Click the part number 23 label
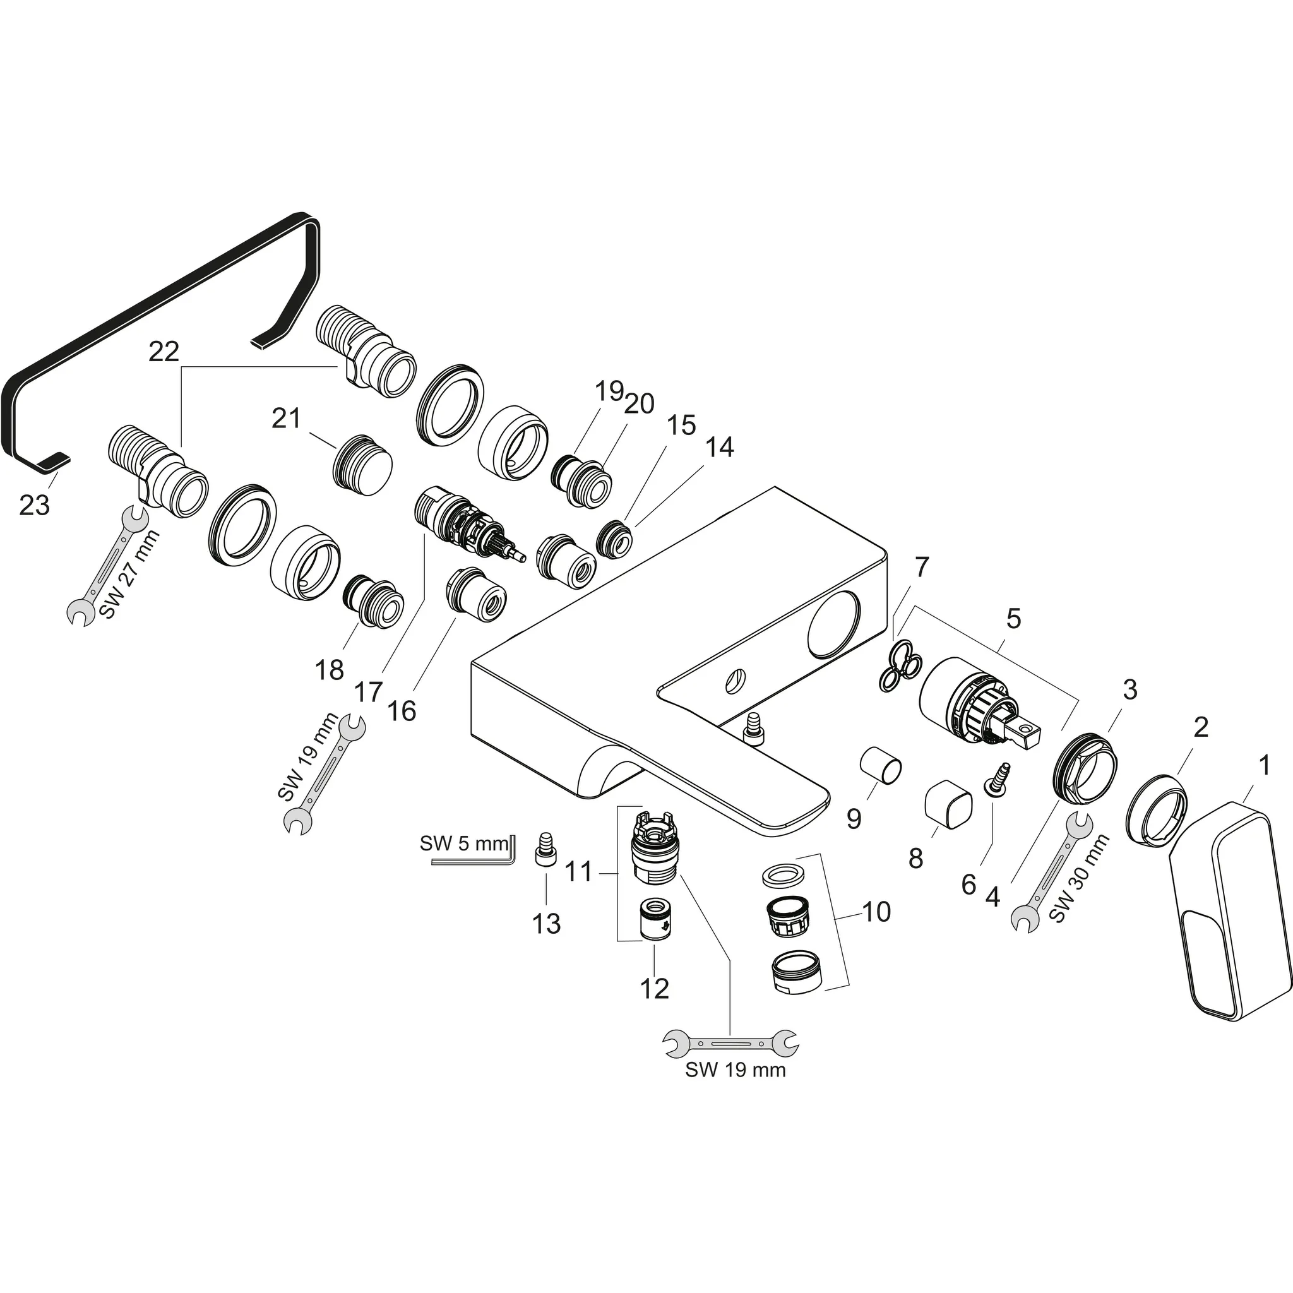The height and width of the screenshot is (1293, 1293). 34,504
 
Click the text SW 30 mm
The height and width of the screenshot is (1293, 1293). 1080,878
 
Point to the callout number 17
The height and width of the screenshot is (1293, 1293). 369,691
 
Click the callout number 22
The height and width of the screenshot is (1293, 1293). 164,352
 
